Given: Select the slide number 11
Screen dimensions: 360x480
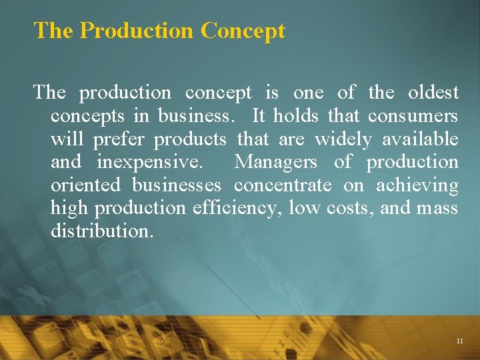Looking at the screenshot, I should coord(460,341).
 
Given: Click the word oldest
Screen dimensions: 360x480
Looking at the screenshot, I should coord(433,93).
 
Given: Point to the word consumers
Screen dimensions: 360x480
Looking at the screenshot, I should coord(413,116).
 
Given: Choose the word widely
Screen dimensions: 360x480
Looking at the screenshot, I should coord(343,139).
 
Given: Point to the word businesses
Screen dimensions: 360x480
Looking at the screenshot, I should coord(177,185).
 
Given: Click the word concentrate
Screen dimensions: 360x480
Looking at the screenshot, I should coord(282,185).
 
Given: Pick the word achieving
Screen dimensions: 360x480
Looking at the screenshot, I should coord(417,185).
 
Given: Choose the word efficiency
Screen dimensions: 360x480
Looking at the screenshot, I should coord(237,209).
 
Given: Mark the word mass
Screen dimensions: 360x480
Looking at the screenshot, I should coord(437,209).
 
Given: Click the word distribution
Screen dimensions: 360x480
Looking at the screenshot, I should coord(101,231).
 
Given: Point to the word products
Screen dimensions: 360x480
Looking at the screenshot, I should coord(190,139).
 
